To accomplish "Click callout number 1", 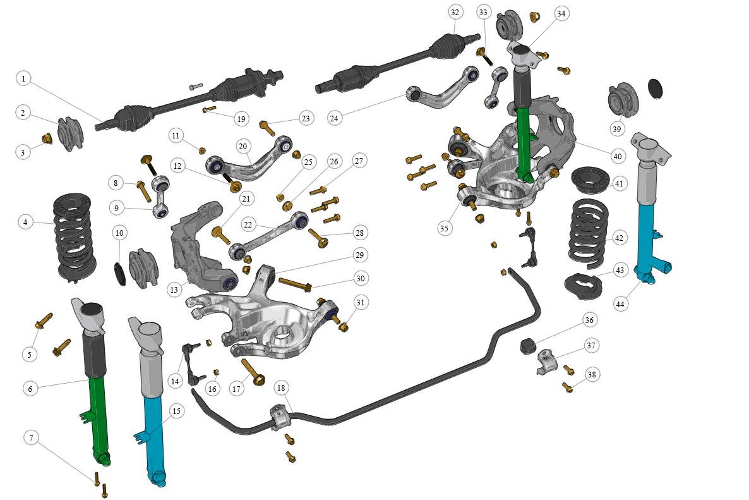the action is click(x=23, y=78).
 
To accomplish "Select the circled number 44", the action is click(x=620, y=304).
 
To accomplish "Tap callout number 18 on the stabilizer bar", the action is click(x=281, y=387).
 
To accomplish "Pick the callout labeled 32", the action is click(x=455, y=13).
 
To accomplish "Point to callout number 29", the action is click(x=360, y=255).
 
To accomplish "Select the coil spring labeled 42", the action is click(x=589, y=233).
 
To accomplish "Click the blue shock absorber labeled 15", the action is click(x=152, y=401).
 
